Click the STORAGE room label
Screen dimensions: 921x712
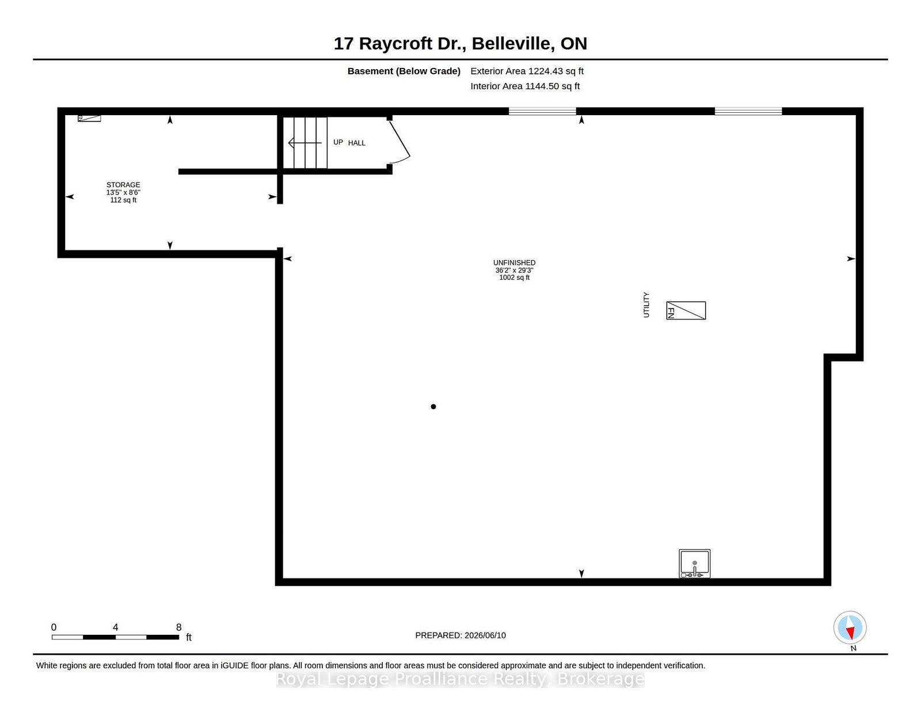point(123,185)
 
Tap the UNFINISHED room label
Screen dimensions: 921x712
point(514,263)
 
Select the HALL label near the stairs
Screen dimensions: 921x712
point(356,143)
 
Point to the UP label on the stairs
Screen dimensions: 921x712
point(338,142)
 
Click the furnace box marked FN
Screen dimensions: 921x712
point(686,311)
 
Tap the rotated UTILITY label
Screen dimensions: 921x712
point(646,304)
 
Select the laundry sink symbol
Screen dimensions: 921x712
point(694,563)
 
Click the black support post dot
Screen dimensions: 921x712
point(433,407)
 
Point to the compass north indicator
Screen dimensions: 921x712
point(850,627)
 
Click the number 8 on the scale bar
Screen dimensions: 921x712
point(179,627)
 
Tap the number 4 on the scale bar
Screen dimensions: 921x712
point(115,627)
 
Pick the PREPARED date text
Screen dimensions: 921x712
point(461,635)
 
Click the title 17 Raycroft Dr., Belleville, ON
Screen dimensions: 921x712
point(461,44)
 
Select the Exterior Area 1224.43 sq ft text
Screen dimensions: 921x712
point(527,71)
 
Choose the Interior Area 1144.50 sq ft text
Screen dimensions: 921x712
point(525,86)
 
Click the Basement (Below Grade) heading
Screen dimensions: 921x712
point(404,71)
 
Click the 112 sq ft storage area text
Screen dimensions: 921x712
point(123,200)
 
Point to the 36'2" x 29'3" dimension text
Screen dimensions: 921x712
point(514,271)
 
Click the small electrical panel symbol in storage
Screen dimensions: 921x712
point(89,118)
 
